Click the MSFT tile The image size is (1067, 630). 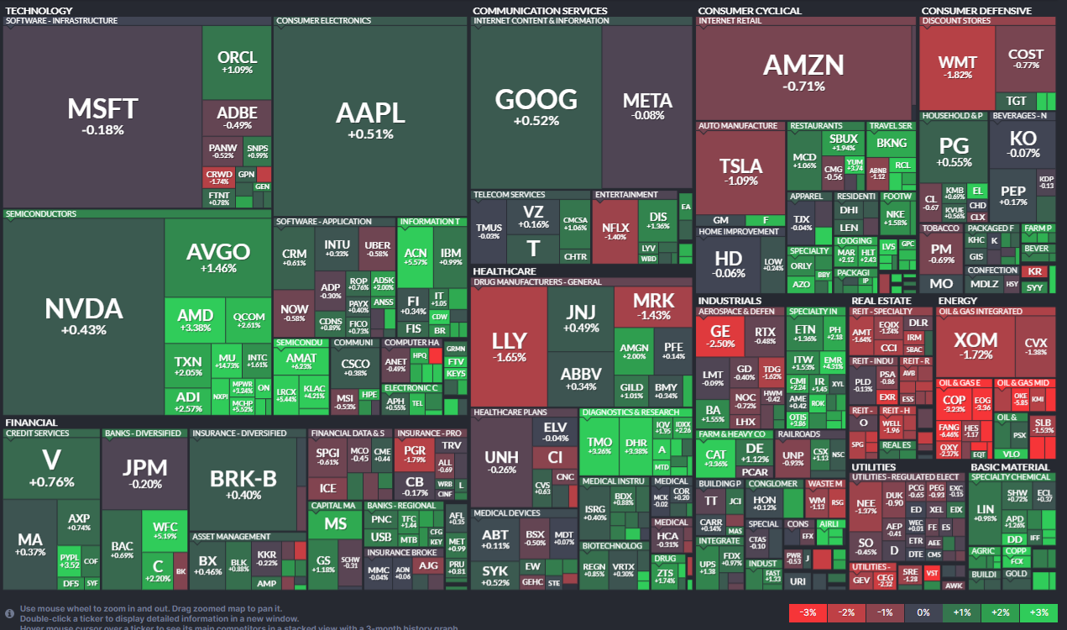click(102, 116)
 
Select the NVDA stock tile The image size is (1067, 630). click(83, 315)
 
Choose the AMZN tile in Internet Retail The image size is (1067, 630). click(803, 71)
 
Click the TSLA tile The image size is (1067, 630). click(740, 171)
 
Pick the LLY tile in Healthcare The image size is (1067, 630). click(509, 346)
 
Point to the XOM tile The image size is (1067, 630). click(977, 346)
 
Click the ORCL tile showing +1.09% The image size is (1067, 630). click(237, 62)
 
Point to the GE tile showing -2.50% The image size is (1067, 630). click(720, 336)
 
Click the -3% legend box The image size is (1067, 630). click(808, 612)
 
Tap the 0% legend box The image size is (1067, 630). click(923, 612)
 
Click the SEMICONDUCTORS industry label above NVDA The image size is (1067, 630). click(41, 214)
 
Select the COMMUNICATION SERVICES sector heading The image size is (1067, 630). click(540, 11)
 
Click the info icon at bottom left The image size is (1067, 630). click(9, 613)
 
